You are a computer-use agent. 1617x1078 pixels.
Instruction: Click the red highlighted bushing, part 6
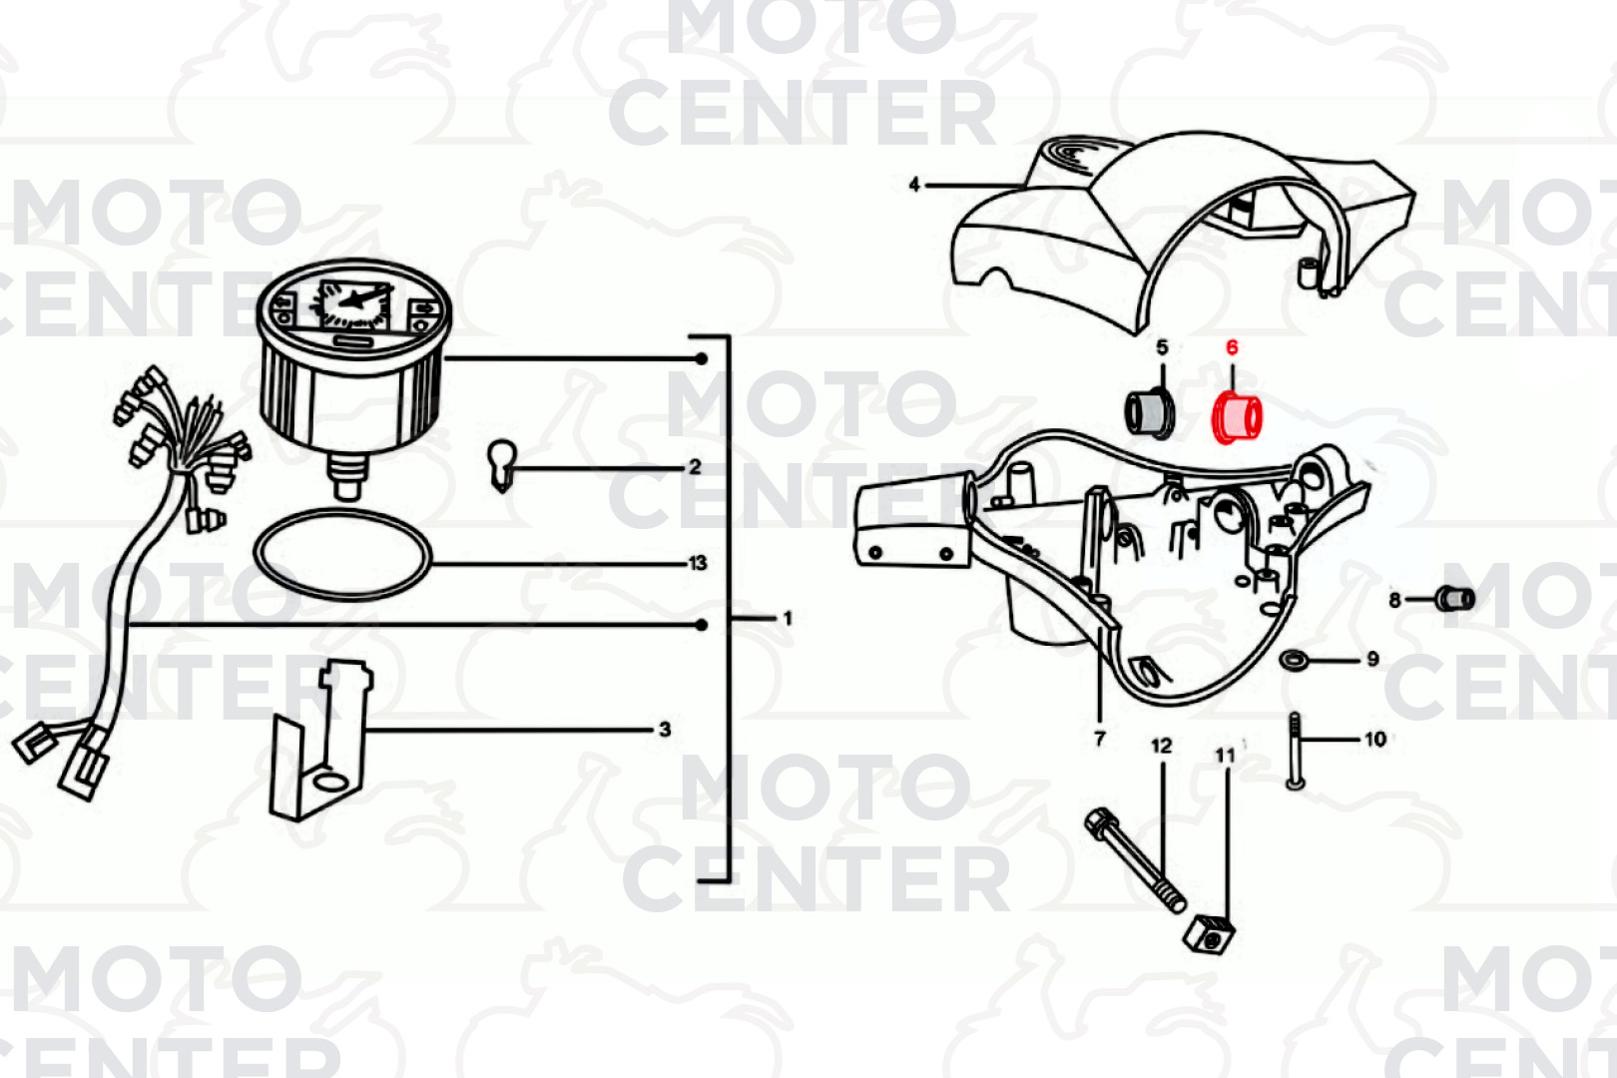click(x=1238, y=419)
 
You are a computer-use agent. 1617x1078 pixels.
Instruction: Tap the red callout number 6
click(x=1233, y=348)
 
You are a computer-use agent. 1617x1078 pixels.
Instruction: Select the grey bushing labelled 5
click(x=1150, y=413)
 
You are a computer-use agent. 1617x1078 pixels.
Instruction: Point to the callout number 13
click(x=698, y=563)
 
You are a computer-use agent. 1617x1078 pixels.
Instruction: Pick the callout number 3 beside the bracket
click(x=665, y=730)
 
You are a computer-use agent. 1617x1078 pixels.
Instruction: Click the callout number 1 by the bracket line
click(x=788, y=619)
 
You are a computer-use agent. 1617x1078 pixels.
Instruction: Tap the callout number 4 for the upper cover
click(x=914, y=185)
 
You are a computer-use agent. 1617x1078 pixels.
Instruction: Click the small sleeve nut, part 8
click(x=1454, y=599)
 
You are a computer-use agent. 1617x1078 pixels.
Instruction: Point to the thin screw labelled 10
click(x=1295, y=751)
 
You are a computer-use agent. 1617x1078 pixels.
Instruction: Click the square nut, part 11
click(x=1210, y=936)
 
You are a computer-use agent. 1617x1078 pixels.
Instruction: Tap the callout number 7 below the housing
click(x=1099, y=739)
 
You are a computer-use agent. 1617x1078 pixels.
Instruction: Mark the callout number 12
click(x=1162, y=746)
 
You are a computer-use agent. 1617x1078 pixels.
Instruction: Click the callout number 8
click(x=1394, y=600)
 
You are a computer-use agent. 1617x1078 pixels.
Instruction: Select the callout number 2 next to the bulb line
click(x=695, y=467)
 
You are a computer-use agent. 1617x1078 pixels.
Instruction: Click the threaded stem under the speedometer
click(x=347, y=476)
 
